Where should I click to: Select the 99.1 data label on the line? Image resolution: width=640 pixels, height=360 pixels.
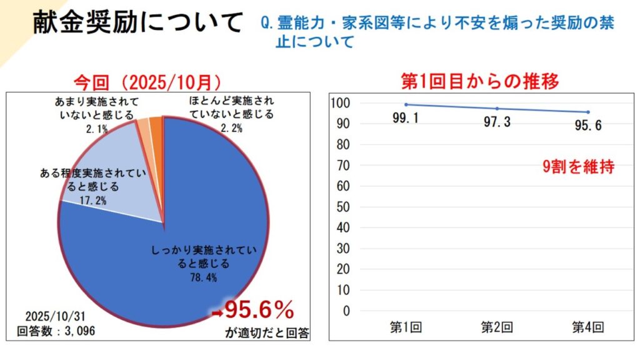[406, 118]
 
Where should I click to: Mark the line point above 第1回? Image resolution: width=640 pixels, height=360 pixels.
[406, 104]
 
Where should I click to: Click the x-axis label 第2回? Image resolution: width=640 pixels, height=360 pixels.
[497, 327]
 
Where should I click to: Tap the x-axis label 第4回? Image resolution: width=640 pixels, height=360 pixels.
[588, 327]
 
